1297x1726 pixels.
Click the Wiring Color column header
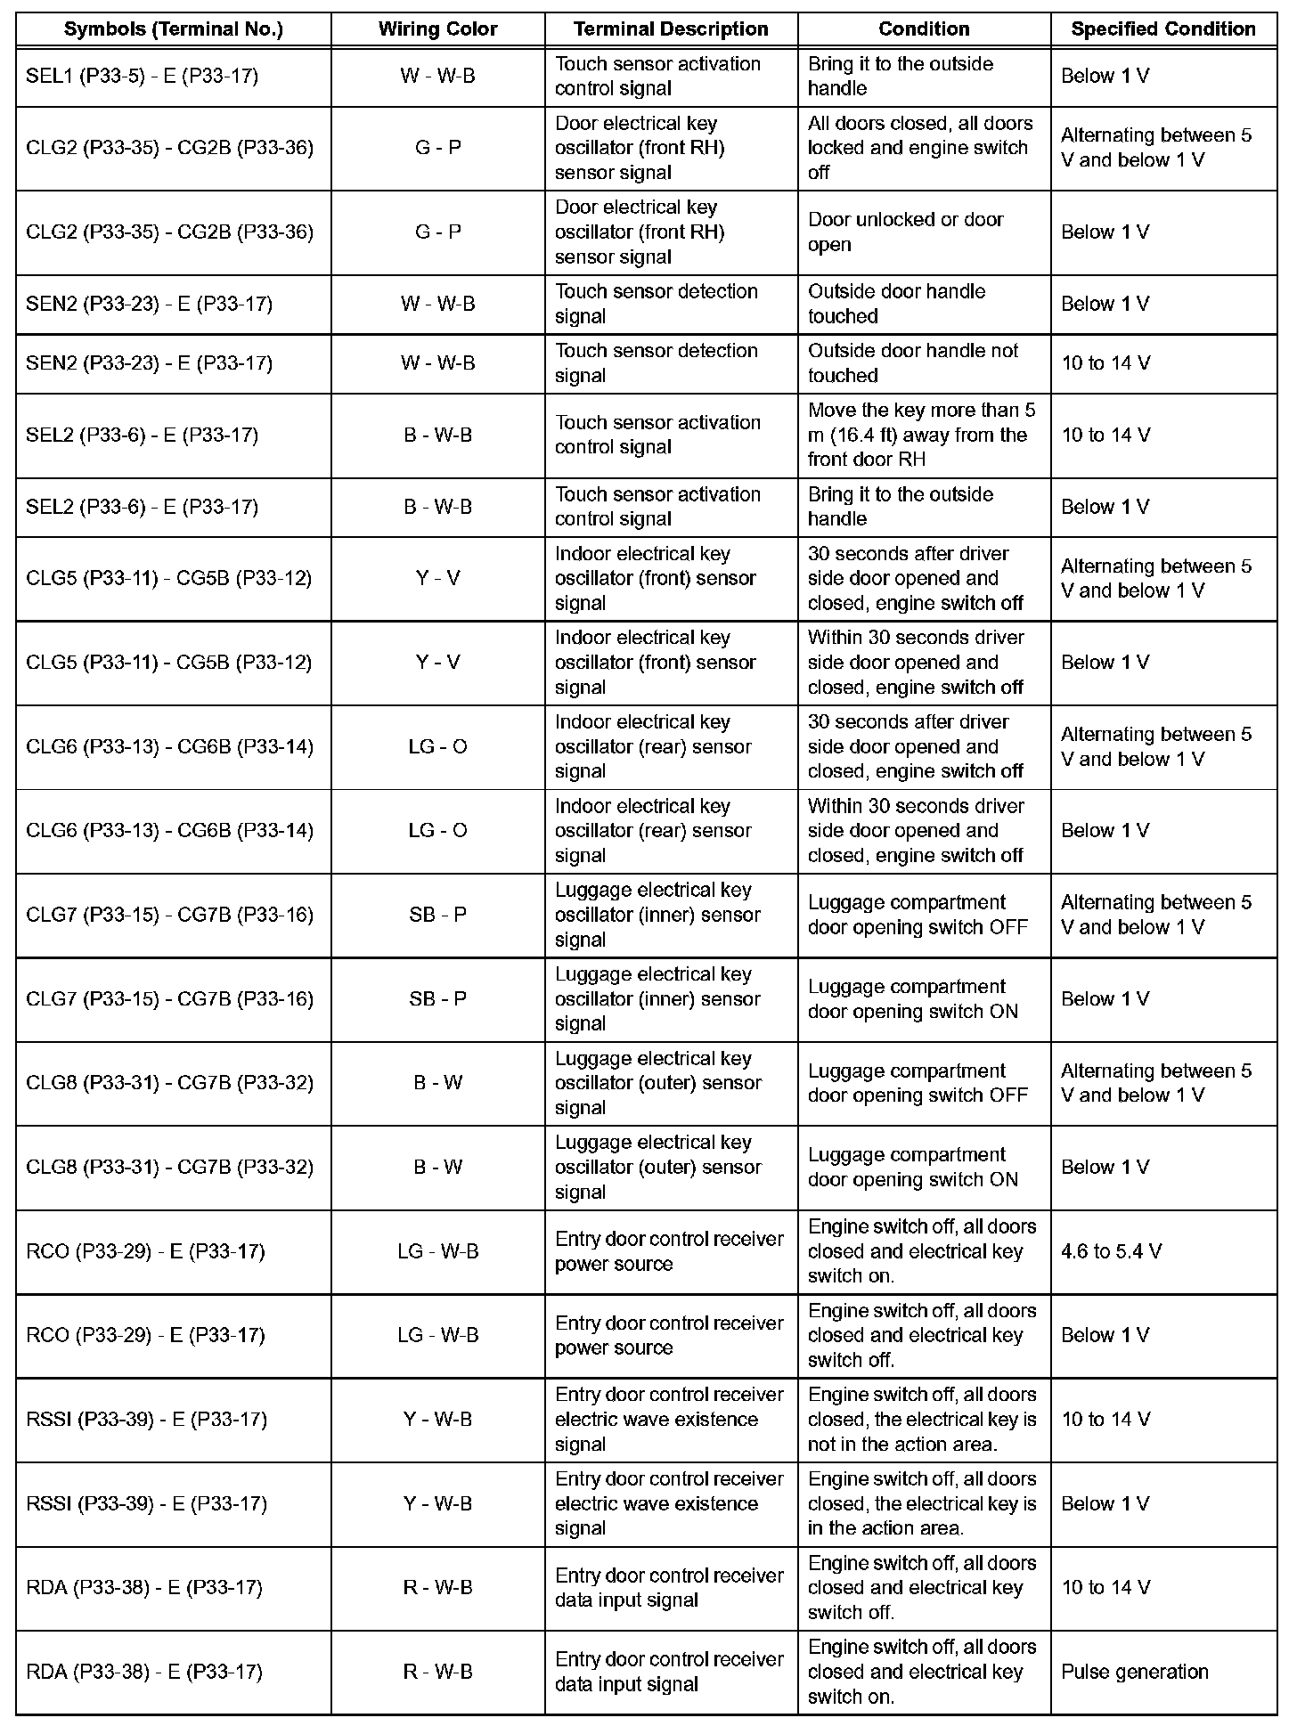coord(437,29)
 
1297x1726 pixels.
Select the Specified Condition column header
coord(1162,29)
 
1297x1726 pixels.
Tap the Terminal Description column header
coord(671,29)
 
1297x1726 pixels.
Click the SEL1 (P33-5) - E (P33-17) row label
coord(143,77)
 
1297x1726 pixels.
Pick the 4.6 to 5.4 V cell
coord(1111,1251)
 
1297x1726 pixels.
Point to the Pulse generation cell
coord(1134,1672)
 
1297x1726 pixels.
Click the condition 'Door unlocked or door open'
coord(905,232)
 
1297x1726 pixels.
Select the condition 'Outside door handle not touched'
coord(912,363)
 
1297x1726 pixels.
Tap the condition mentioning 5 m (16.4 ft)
coord(921,435)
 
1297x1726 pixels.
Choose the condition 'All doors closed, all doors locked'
coord(919,148)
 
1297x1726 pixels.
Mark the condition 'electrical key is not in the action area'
coord(922,1420)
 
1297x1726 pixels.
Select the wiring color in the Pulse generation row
coord(437,1672)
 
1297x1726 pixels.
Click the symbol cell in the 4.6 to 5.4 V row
coord(146,1251)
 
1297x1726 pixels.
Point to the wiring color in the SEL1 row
coord(437,77)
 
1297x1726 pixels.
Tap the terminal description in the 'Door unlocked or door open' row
coord(640,232)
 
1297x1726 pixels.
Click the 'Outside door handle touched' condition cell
coord(896,304)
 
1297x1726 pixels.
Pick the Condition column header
coord(924,29)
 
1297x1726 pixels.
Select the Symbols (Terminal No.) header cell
coord(174,29)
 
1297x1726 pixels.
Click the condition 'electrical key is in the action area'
coord(922,1503)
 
